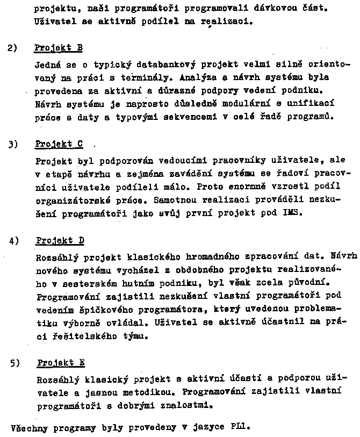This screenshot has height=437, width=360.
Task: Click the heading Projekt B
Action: pyautogui.click(x=58, y=48)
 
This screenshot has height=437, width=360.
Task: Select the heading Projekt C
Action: pyautogui.click(x=59, y=144)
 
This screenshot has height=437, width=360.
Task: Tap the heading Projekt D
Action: pyautogui.click(x=60, y=240)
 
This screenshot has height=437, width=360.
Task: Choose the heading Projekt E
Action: pyautogui.click(x=61, y=363)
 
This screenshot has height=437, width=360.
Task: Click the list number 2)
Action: pyautogui.click(x=13, y=48)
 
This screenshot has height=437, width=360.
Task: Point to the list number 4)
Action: pyautogui.click(x=14, y=240)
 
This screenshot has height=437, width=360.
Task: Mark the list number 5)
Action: pyautogui.click(x=15, y=363)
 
